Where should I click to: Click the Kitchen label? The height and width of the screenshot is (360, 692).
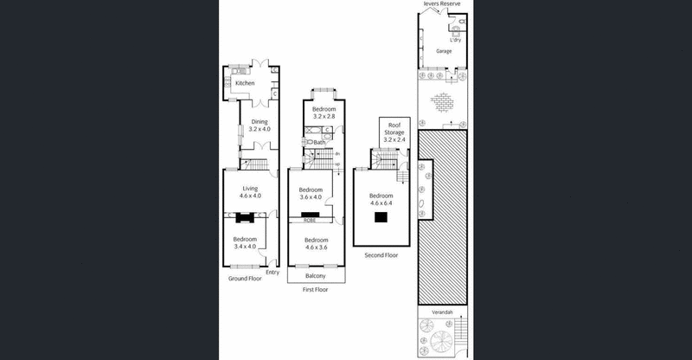[245, 83]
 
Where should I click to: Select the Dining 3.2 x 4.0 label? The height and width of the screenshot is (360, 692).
[260, 125]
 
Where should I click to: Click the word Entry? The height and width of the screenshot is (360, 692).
[272, 272]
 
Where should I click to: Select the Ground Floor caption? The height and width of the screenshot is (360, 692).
[245, 279]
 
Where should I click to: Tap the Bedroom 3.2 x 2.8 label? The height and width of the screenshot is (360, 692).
[324, 112]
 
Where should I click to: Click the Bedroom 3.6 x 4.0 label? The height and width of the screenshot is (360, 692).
[310, 193]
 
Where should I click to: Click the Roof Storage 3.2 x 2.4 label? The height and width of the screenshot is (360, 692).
[394, 132]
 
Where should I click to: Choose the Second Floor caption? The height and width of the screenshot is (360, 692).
[381, 256]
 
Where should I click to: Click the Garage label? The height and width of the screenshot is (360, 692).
[444, 51]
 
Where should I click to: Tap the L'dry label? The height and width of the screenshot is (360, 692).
[455, 39]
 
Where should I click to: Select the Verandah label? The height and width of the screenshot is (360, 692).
[443, 311]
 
